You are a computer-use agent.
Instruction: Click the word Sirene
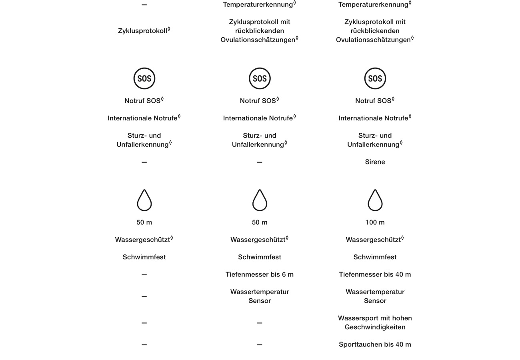pos(375,162)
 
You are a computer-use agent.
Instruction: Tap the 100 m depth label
pos(375,222)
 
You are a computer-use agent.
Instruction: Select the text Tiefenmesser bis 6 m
pos(260,274)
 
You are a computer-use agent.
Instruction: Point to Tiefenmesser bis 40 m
pos(375,274)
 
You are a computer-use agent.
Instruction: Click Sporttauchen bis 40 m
pos(375,344)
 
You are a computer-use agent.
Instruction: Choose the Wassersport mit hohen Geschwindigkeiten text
pos(375,322)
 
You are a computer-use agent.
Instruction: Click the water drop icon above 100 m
pos(375,200)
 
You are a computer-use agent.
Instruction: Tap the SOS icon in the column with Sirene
pos(375,78)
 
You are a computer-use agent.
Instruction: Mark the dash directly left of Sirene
pos(260,162)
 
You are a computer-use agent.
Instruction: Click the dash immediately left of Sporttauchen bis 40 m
pos(260,345)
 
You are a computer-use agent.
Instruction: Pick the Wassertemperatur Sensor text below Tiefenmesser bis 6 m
pos(260,296)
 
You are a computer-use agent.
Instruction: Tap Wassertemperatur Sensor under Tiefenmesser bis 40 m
pos(375,296)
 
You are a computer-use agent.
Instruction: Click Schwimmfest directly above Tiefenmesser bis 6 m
pos(260,257)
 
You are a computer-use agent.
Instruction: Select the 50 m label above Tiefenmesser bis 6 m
pos(260,222)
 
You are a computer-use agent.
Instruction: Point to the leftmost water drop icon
pos(144,200)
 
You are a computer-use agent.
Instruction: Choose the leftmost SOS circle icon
pos(144,78)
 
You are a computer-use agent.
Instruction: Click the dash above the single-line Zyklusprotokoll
pos(144,5)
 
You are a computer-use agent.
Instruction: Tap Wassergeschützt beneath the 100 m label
pos(374,240)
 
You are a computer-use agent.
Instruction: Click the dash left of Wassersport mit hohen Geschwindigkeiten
pos(260,323)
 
